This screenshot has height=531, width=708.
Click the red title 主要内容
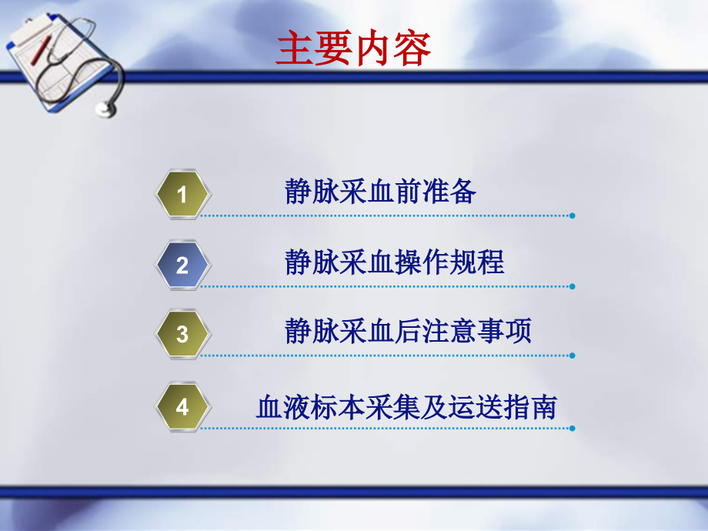353,48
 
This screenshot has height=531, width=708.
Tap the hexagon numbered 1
182,195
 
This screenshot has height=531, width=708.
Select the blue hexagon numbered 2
182,265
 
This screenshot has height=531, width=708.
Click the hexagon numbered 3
182,335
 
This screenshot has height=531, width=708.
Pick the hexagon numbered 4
182,406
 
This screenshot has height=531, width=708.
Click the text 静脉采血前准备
380,192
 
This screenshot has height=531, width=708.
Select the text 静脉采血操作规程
394,262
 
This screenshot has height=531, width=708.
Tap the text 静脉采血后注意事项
408,332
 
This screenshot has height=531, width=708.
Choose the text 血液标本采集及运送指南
406,407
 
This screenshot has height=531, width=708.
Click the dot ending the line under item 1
572,215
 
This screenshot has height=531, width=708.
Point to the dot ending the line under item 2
572,286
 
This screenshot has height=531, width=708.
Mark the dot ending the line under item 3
572,356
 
